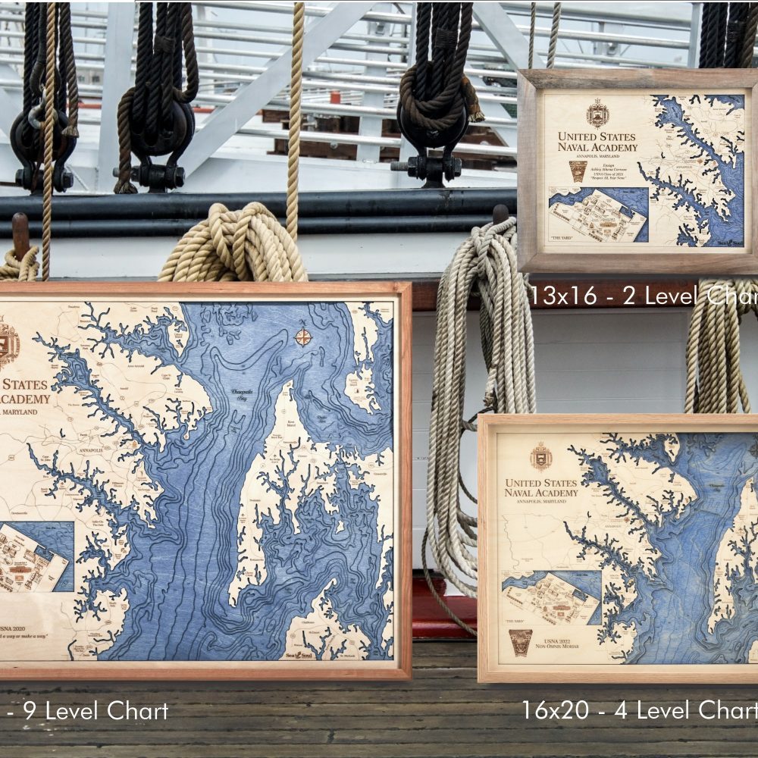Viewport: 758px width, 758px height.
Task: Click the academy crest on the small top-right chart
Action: point(597,114)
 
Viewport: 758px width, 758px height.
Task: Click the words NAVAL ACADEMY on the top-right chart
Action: point(597,146)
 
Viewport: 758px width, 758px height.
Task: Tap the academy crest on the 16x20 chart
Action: point(540,457)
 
